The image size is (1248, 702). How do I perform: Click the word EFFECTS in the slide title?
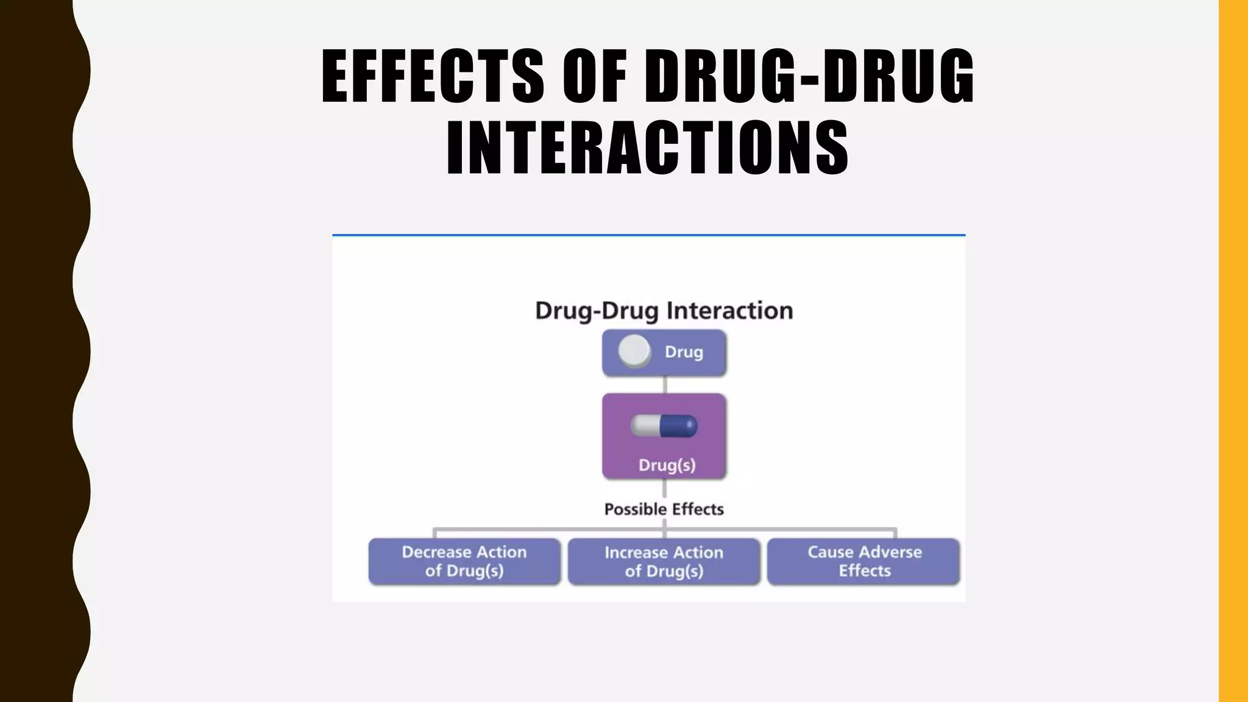pos(432,76)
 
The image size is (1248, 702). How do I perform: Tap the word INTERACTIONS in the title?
pos(647,148)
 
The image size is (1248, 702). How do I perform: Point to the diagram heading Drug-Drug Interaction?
pos(664,311)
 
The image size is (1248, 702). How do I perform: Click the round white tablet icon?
pos(634,351)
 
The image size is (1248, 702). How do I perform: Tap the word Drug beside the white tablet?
pos(684,352)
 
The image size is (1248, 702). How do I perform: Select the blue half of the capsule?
pos(679,426)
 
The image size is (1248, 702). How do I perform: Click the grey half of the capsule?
pos(645,426)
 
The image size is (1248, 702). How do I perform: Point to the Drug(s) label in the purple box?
pos(667,465)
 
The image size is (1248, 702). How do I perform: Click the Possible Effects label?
pos(664,509)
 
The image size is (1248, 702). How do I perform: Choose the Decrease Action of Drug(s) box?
pos(464,561)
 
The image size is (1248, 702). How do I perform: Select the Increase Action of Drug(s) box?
pos(664,561)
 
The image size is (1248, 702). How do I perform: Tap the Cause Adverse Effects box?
pos(863,561)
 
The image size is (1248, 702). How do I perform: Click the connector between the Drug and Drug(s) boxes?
pos(664,385)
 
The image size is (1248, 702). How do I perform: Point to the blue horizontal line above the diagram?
pos(648,235)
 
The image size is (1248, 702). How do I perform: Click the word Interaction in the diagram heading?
pos(729,311)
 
